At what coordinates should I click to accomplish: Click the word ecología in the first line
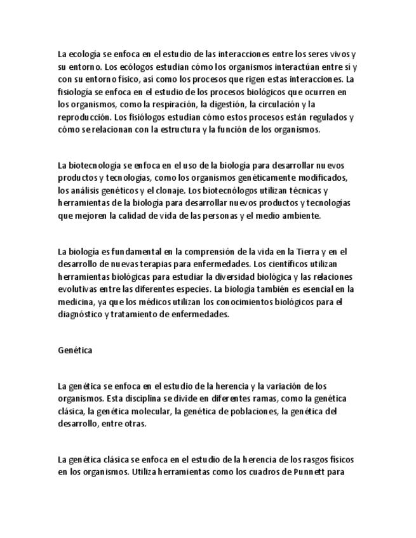coord(85,55)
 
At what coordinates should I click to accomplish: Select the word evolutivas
coord(78,289)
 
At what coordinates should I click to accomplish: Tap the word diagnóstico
coord(81,314)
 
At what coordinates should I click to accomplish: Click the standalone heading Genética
coord(75,350)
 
